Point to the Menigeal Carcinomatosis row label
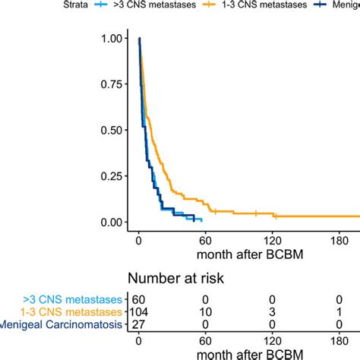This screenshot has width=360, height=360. (62, 326)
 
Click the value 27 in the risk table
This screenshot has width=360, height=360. (137, 326)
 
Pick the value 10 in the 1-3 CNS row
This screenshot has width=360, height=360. (205, 312)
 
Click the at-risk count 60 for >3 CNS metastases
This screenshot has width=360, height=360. (137, 298)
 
